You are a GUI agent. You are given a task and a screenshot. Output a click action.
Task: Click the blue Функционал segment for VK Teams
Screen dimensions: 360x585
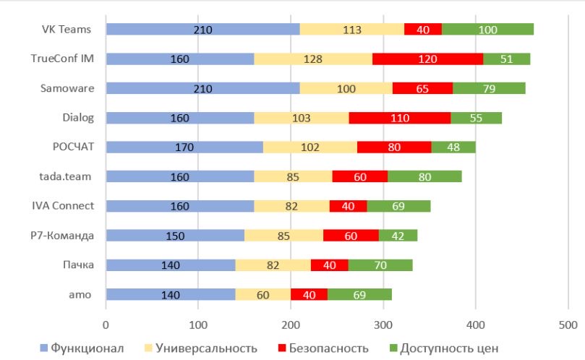click(x=202, y=29)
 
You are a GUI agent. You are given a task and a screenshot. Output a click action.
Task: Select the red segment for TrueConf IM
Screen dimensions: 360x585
click(x=427, y=59)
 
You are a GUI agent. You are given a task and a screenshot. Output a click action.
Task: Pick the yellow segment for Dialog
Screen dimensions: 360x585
click(x=301, y=118)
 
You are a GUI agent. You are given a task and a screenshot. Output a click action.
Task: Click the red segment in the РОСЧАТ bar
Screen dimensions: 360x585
click(x=394, y=147)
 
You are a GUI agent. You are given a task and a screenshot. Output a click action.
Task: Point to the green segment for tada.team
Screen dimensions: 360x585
click(x=424, y=176)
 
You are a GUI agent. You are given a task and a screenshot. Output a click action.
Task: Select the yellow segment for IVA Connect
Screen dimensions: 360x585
click(x=291, y=206)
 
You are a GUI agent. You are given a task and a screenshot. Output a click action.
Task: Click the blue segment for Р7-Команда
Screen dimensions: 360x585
click(x=175, y=235)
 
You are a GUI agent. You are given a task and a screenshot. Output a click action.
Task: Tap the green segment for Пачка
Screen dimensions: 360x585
click(x=380, y=265)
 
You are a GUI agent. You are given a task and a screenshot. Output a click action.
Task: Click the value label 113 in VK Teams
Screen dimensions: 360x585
click(x=352, y=29)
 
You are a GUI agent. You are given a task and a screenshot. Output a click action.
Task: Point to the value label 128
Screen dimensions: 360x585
click(x=313, y=59)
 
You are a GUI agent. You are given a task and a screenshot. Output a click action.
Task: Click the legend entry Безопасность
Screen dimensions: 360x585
click(x=323, y=348)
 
